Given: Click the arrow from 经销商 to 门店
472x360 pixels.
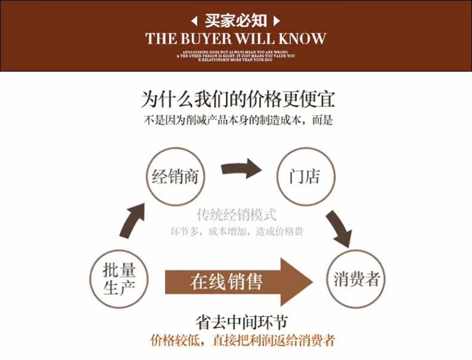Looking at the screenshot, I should click(241, 169).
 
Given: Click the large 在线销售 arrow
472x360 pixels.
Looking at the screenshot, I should click(239, 281).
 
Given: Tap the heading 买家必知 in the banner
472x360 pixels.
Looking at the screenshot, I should click(236, 21).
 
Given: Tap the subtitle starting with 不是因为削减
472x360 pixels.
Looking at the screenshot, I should click(237, 119).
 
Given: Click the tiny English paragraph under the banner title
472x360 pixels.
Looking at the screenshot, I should click(237, 56).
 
